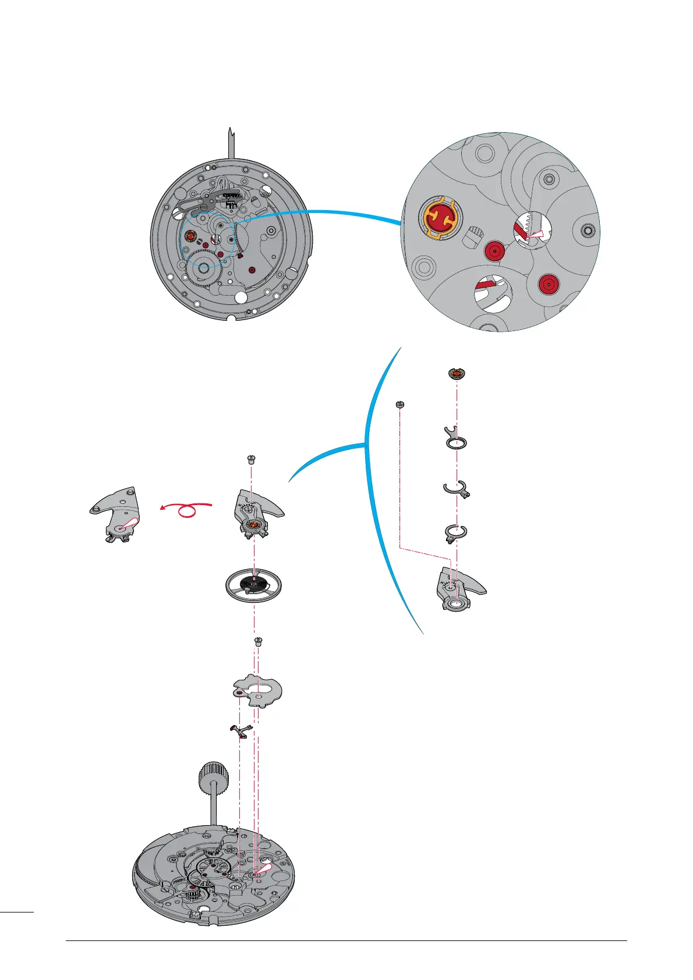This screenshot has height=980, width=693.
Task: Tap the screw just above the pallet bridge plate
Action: pos(259,642)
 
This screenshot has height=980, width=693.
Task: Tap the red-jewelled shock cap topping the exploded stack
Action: pos(457,374)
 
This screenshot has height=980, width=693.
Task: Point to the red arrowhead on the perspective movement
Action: pos(264,869)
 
